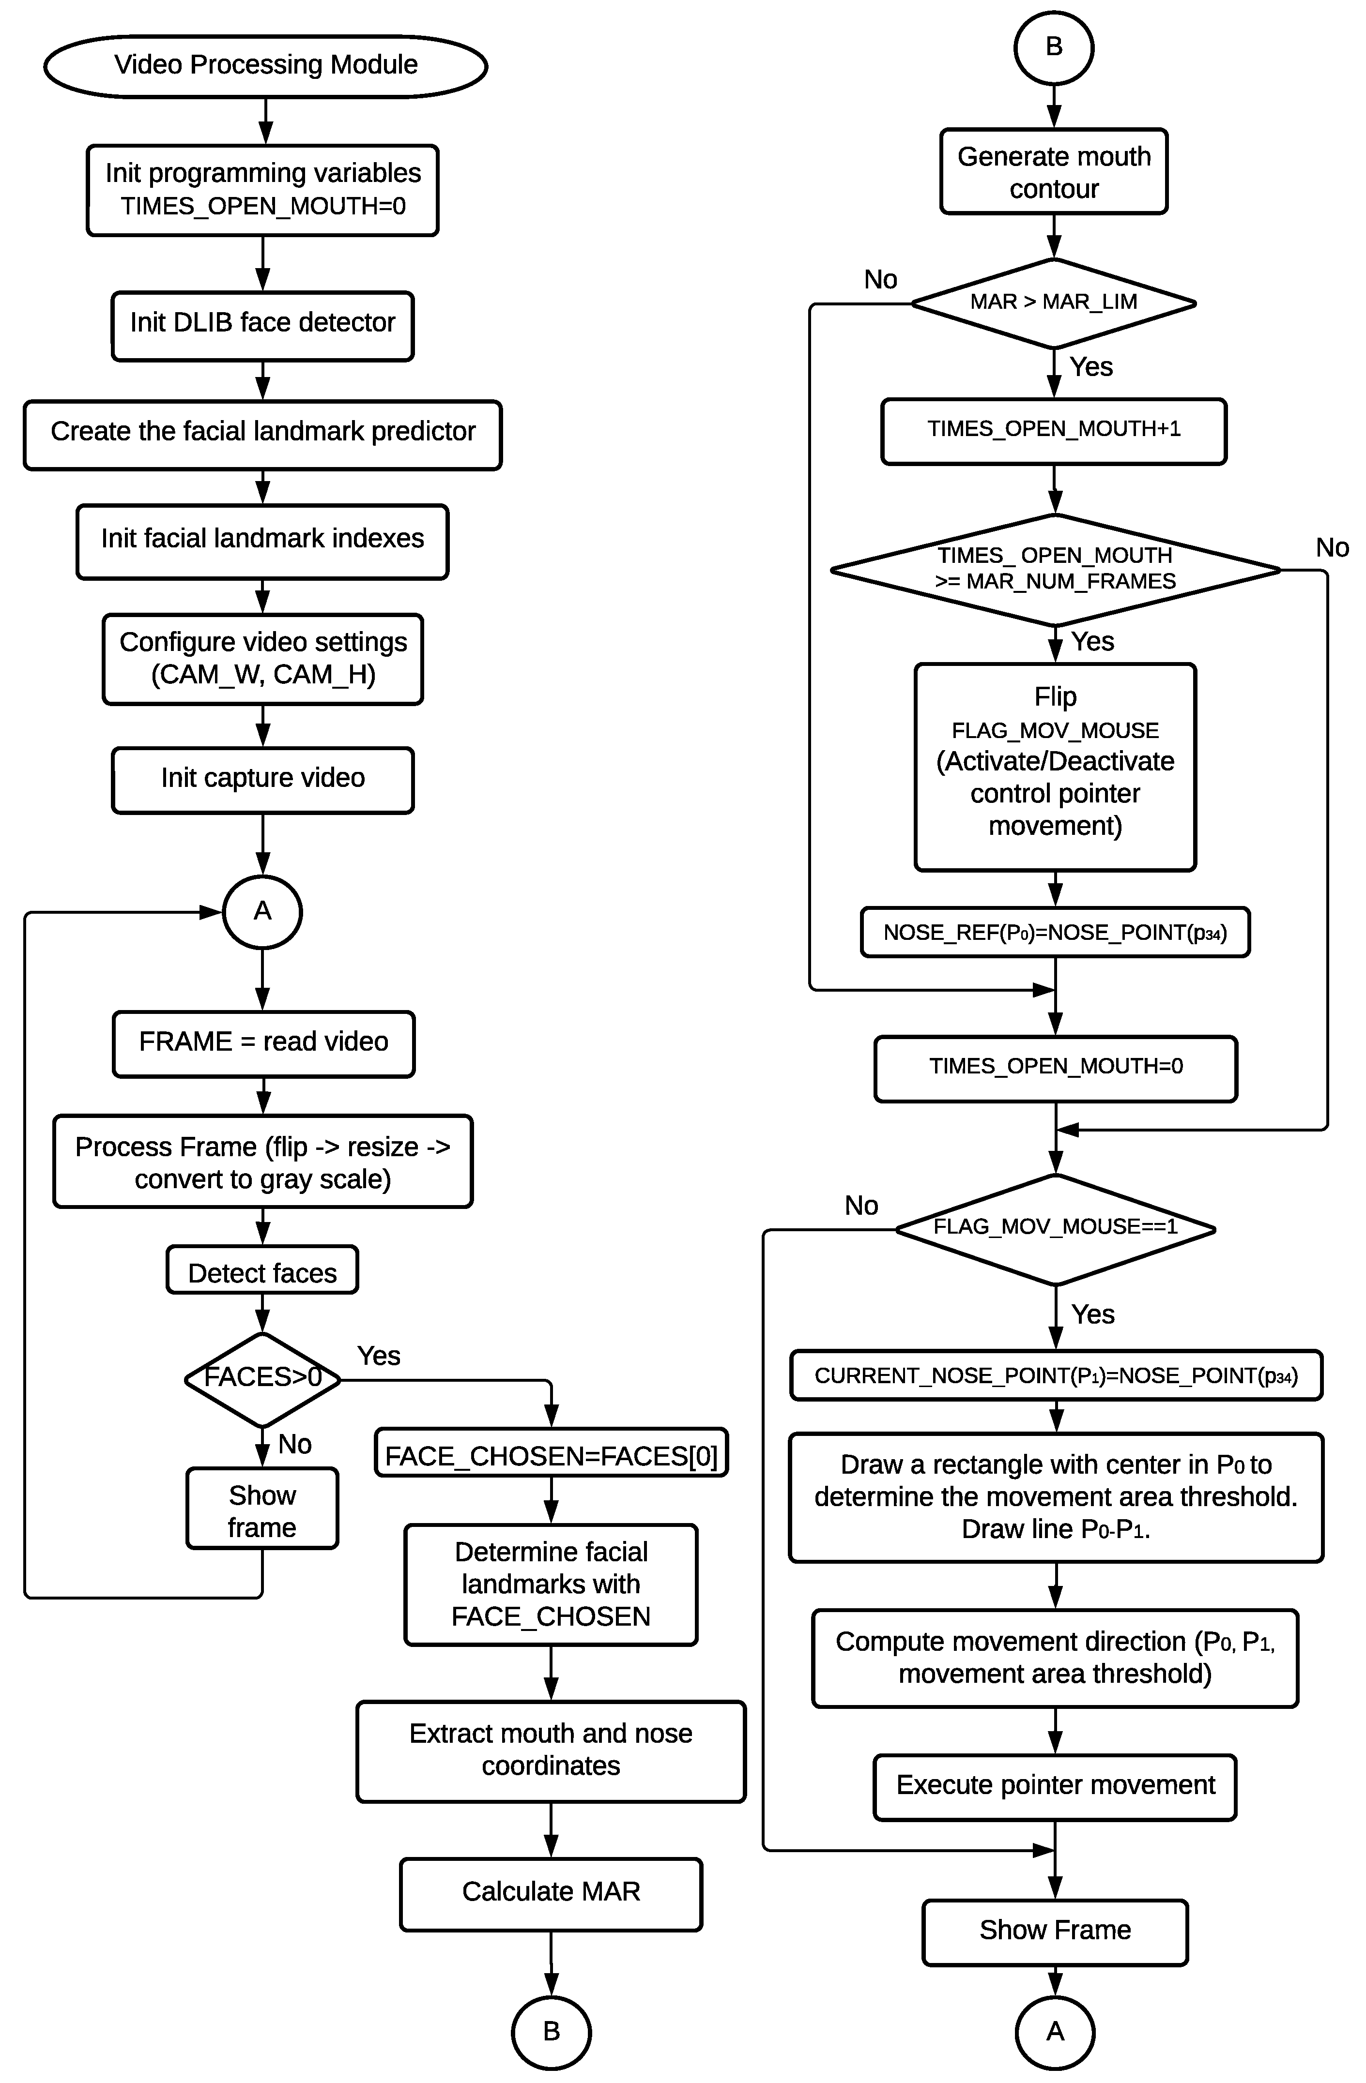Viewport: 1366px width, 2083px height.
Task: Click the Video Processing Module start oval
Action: pyautogui.click(x=265, y=66)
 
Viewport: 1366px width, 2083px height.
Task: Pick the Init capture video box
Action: pyautogui.click(x=262, y=779)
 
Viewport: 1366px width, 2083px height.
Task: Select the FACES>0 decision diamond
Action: pyautogui.click(x=262, y=1379)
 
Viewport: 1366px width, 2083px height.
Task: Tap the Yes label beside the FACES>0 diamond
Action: pyautogui.click(x=378, y=1356)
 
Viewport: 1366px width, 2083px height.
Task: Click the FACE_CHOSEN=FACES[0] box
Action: pyautogui.click(x=551, y=1455)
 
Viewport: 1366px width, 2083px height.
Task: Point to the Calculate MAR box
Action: pyautogui.click(x=551, y=1894)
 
